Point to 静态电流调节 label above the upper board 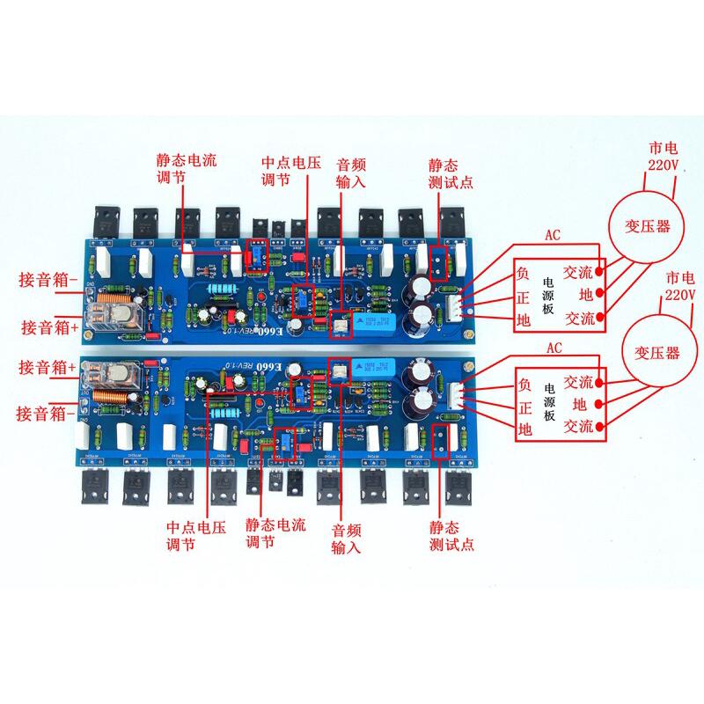pos(186,170)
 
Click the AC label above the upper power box pos(552,236)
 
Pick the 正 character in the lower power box pos(525,407)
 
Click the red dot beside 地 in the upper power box pos(601,294)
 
